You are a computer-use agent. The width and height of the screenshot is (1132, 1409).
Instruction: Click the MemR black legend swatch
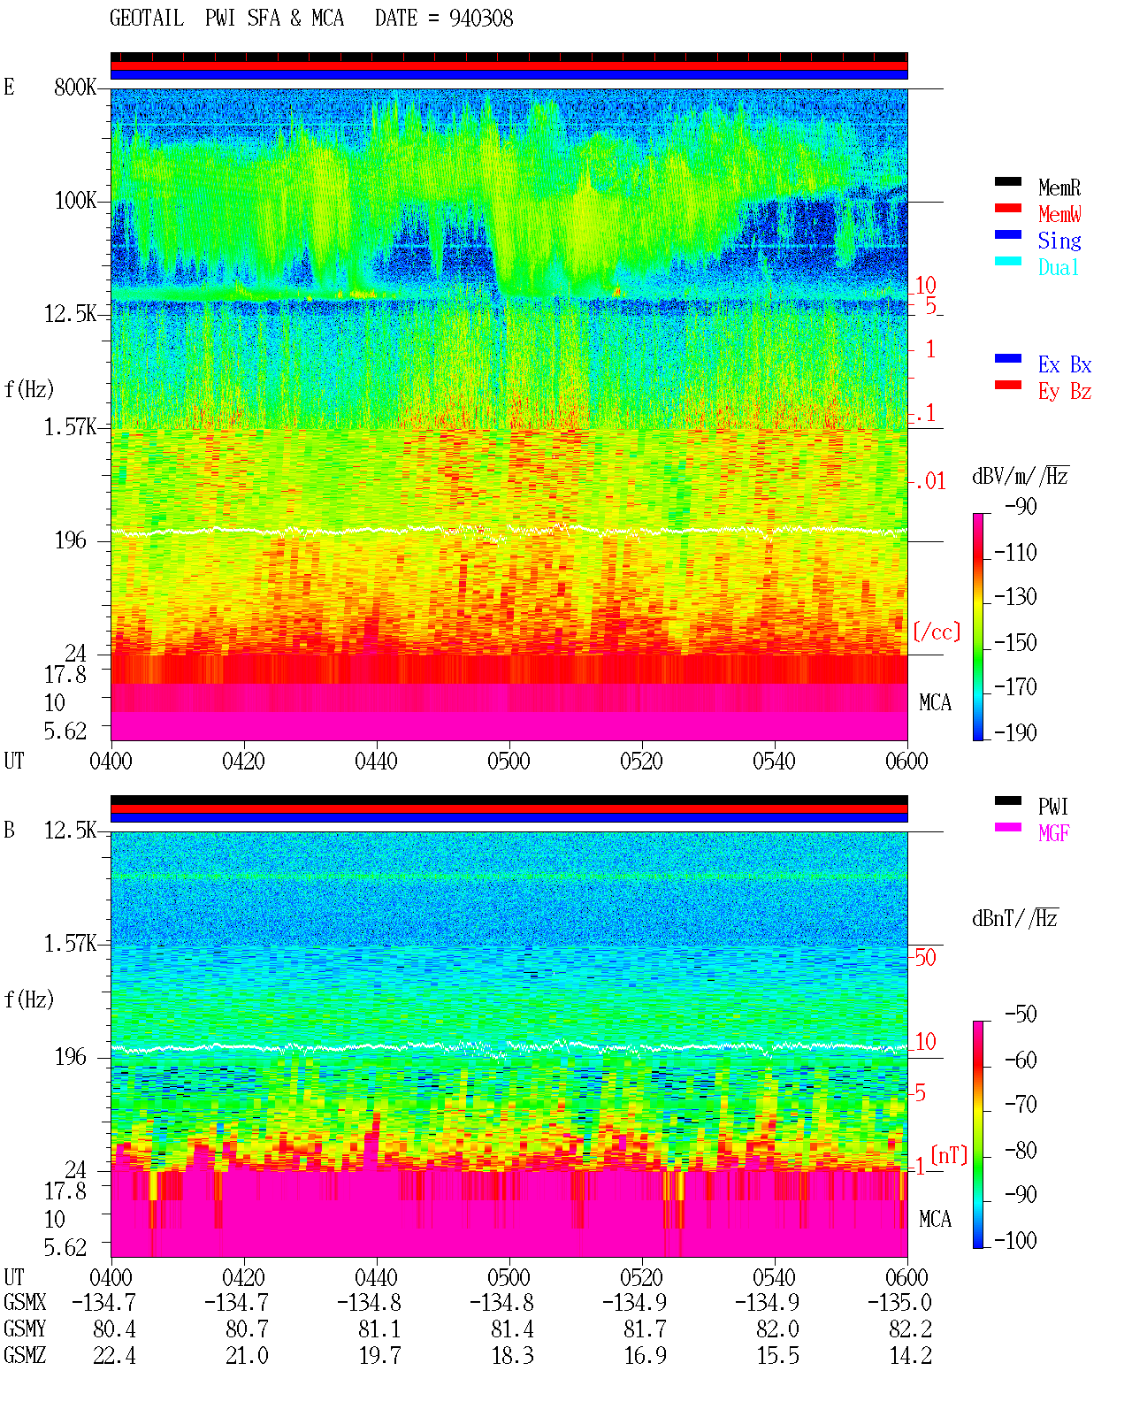click(x=1007, y=181)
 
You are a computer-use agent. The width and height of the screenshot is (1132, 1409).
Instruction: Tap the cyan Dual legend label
click(x=1058, y=267)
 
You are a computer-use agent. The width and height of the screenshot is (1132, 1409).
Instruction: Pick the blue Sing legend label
click(x=1059, y=241)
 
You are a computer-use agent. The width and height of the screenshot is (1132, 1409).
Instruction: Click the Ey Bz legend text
click(x=1064, y=391)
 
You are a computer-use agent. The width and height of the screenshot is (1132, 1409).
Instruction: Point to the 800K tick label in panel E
click(x=74, y=87)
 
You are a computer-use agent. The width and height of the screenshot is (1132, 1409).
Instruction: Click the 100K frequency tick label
click(x=74, y=201)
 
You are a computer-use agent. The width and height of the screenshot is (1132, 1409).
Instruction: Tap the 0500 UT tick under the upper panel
click(x=509, y=761)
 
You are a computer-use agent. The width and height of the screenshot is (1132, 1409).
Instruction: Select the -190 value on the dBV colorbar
click(x=1014, y=732)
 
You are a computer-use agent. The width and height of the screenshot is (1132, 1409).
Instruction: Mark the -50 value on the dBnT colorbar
click(x=1021, y=1014)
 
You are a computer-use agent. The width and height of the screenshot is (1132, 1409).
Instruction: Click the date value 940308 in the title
click(x=480, y=19)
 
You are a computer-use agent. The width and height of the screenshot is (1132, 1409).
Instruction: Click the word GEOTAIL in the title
click(x=146, y=19)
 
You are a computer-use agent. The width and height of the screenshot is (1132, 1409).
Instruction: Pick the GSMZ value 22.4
click(x=114, y=1355)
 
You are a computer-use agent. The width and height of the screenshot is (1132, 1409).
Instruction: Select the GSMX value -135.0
click(x=899, y=1302)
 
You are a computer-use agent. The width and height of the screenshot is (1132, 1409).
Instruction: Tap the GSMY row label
click(x=25, y=1329)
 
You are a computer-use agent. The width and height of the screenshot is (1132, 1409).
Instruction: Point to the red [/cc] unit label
click(x=937, y=632)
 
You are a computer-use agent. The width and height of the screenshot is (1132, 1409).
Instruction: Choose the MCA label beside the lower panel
click(x=935, y=1219)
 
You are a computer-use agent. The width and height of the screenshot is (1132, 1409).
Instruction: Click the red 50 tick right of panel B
click(x=925, y=957)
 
